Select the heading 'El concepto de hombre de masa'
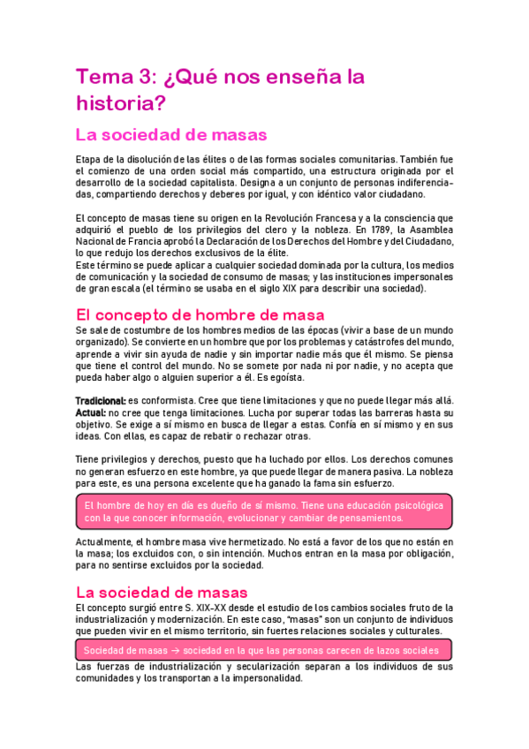[x=200, y=314]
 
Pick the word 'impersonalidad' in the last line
[x=260, y=679]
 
